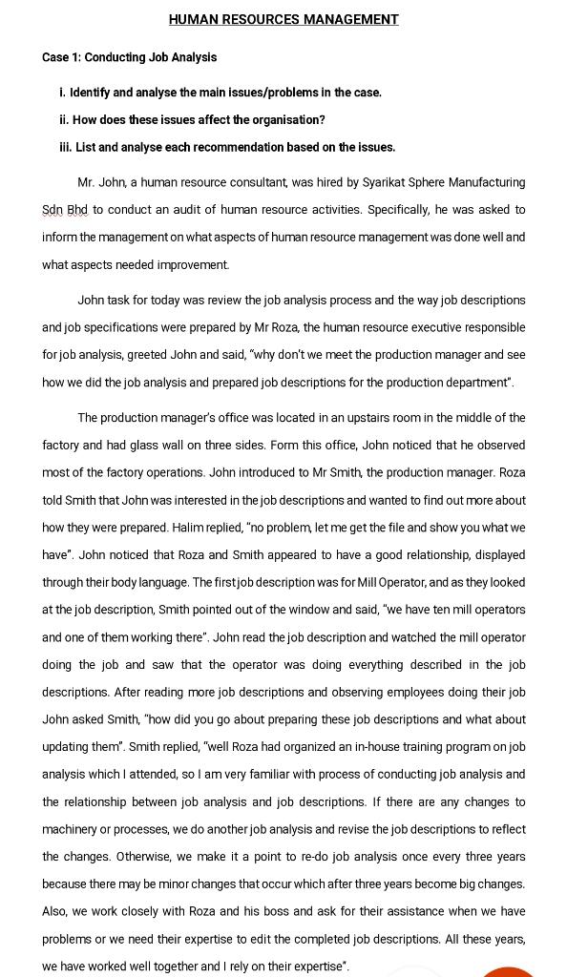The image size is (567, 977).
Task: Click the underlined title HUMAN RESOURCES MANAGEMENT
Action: [x=283, y=19]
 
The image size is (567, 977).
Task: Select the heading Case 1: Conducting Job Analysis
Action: [x=129, y=57]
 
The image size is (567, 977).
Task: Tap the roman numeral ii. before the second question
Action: [x=64, y=120]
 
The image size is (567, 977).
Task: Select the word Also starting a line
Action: [x=56, y=912]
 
